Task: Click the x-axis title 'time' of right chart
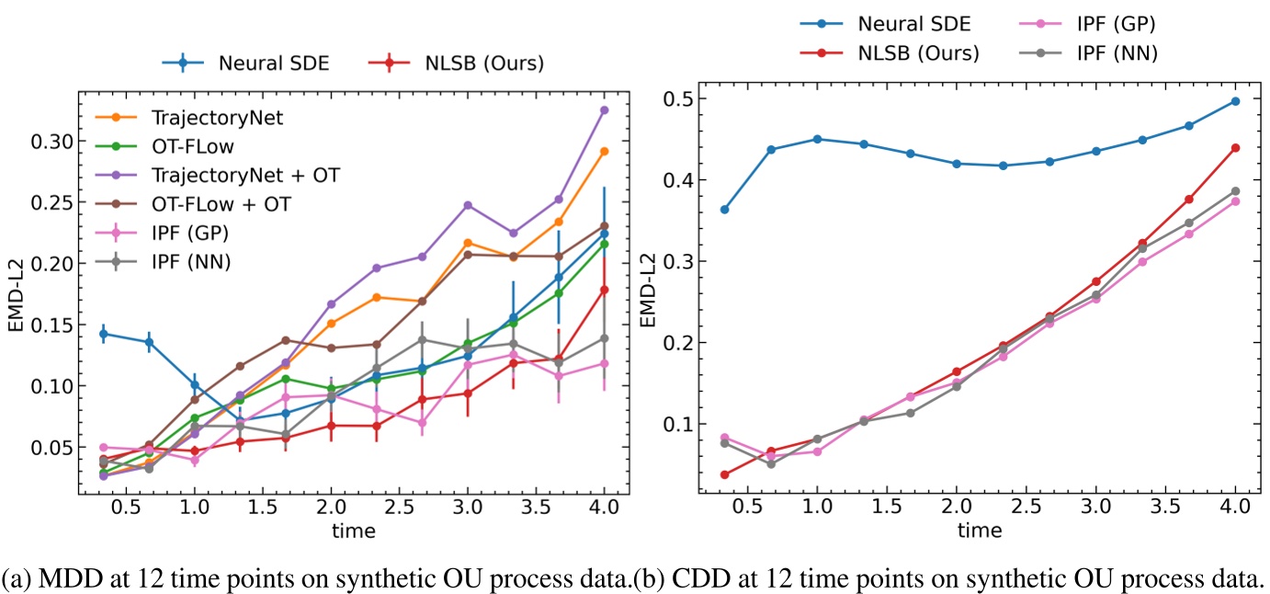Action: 980,531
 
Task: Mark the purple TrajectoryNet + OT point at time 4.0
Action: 605,110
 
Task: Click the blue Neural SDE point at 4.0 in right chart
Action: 1235,101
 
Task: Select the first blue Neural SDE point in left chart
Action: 103,334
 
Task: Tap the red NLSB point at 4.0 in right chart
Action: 1235,147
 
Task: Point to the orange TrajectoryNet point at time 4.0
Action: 605,152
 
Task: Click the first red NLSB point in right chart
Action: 724,474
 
